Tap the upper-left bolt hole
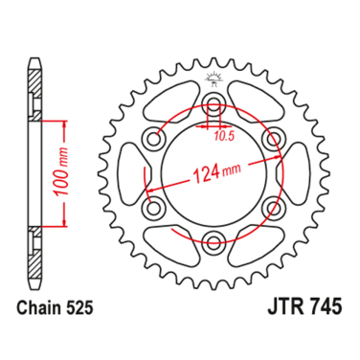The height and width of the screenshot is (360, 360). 152,140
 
